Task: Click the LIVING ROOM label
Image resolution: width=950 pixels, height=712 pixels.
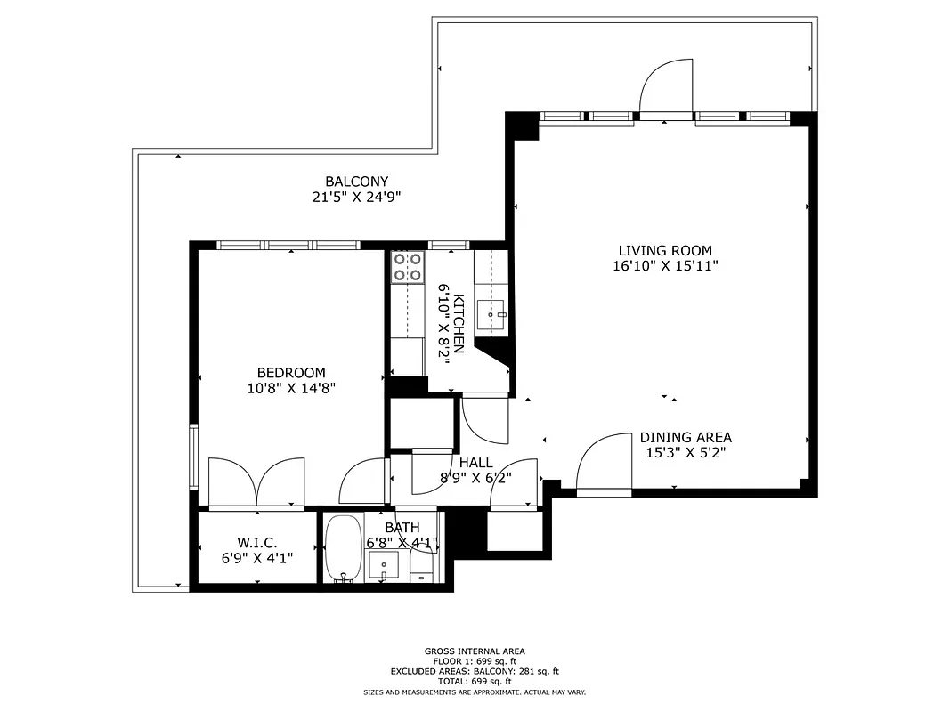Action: point(665,251)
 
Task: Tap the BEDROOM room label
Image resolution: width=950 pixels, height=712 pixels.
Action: point(291,373)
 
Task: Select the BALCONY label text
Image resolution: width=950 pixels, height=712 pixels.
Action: point(356,182)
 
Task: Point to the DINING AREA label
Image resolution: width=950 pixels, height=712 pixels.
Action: point(686,437)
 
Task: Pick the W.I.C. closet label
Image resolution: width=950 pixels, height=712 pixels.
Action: point(257,542)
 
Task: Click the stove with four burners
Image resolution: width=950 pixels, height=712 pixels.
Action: point(407,267)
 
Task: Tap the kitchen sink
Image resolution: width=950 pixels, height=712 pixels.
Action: point(491,313)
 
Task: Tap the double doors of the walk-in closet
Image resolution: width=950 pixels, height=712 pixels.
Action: point(256,483)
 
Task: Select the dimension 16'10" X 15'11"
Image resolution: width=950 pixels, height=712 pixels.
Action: point(665,266)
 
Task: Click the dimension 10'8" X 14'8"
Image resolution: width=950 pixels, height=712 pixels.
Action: point(291,388)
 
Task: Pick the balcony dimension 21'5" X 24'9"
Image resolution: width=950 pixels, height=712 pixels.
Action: point(356,198)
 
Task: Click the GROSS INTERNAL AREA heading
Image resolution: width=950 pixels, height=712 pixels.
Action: point(475,651)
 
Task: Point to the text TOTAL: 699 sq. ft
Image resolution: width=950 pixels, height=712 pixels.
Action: point(475,681)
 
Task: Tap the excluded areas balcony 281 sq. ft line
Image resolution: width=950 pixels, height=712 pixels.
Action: point(475,671)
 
